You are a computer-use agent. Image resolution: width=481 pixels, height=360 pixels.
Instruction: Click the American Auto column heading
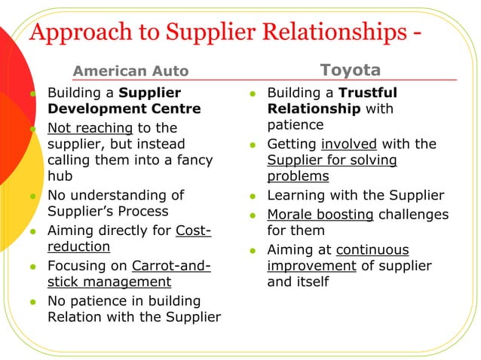pyautogui.click(x=130, y=72)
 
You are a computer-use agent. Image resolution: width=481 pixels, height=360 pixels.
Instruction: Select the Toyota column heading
pyautogui.click(x=351, y=70)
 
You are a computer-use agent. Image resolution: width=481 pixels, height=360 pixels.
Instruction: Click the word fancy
pyautogui.click(x=192, y=160)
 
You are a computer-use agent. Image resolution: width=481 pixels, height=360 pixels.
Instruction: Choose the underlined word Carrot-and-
pyautogui.click(x=171, y=265)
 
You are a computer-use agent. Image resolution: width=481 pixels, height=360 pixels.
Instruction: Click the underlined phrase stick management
pyautogui.click(x=109, y=282)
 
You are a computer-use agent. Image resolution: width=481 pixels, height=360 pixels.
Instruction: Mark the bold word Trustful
pyautogui.click(x=368, y=93)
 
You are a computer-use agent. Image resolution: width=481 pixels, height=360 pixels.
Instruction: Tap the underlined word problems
pyautogui.click(x=298, y=177)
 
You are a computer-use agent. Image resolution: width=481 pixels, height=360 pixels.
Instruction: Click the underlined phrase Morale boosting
pyautogui.click(x=320, y=214)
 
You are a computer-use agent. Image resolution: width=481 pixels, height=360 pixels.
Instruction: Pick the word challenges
pyautogui.click(x=413, y=214)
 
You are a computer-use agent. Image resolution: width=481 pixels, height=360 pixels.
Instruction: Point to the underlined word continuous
pyautogui.click(x=372, y=249)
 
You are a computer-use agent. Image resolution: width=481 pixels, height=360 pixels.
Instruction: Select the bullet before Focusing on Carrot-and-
pyautogui.click(x=33, y=267)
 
